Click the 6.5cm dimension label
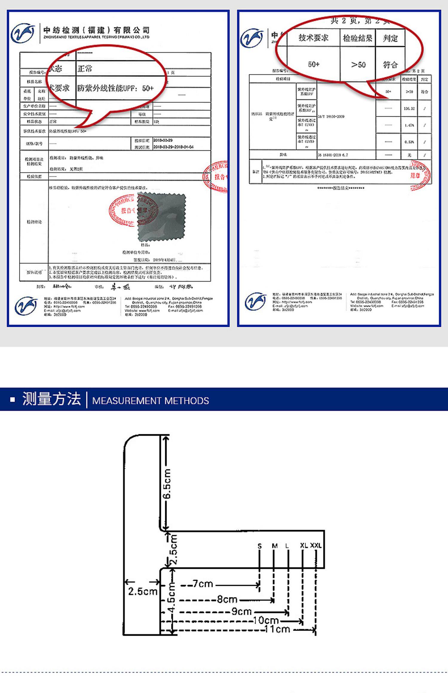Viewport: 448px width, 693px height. point(167,484)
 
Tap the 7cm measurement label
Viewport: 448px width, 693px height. point(203,583)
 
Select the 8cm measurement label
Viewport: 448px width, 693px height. point(227,599)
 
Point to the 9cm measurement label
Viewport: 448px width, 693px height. point(242,611)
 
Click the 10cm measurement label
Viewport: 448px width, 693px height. point(266,620)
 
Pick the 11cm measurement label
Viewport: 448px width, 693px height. point(277,629)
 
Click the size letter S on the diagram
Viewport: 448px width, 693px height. point(260,546)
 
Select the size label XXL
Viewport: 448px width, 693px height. point(316,545)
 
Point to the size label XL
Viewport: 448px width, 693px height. point(304,545)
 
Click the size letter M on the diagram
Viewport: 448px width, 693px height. point(275,546)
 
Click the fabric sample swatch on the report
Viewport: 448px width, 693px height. point(161,217)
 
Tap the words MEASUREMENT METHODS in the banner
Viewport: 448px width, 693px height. point(151,401)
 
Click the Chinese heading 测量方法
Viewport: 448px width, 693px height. point(51,399)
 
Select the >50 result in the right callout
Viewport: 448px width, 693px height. point(358,65)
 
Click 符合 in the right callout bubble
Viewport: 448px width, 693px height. point(390,65)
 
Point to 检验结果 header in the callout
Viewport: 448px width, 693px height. point(358,38)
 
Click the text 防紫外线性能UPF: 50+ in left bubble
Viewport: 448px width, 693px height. point(116,88)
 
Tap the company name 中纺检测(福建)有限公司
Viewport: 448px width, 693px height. point(96,30)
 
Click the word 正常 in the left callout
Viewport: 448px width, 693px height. point(85,69)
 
